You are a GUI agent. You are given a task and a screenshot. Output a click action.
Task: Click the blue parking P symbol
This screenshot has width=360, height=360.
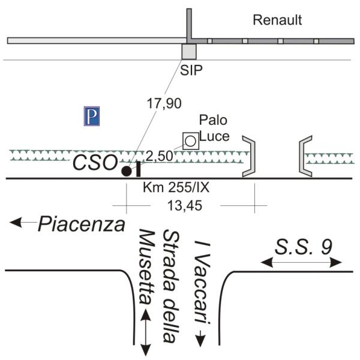click(91, 116)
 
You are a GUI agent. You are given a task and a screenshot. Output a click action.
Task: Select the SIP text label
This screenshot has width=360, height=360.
click(192, 70)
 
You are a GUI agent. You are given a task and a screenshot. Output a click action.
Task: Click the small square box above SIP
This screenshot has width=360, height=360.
click(189, 51)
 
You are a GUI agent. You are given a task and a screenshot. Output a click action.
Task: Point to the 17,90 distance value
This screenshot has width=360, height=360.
click(164, 103)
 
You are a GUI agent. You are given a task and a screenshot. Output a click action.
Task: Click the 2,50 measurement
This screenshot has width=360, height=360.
click(158, 156)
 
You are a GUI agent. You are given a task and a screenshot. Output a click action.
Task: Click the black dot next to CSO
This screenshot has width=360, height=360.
click(126, 171)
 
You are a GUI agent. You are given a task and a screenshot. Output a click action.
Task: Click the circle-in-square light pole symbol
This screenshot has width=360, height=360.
click(190, 141)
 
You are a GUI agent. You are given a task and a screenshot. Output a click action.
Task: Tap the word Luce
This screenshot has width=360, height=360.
click(215, 136)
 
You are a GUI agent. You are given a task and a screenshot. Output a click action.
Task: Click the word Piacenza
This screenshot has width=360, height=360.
click(82, 225)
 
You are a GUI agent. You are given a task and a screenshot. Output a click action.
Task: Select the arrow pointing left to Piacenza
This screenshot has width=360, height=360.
click(23, 223)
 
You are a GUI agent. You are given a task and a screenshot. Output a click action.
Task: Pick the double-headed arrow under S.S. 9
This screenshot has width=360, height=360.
click(302, 262)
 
